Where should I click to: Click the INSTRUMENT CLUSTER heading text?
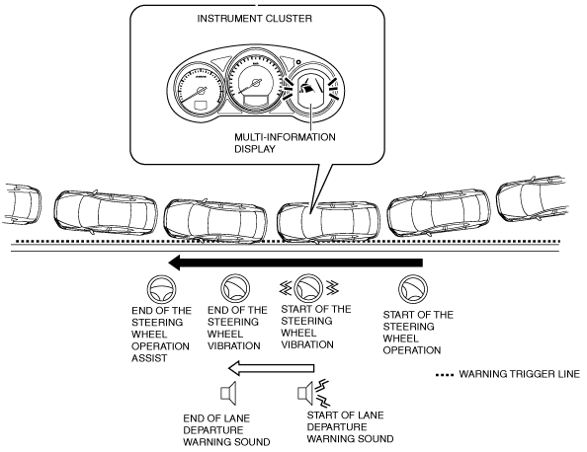[x=255, y=19]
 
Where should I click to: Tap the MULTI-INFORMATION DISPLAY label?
[x=285, y=143]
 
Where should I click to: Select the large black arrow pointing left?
[x=295, y=263]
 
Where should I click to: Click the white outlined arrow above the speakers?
[x=271, y=368]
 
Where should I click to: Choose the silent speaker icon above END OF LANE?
[x=228, y=394]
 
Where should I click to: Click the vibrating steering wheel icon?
[x=309, y=288]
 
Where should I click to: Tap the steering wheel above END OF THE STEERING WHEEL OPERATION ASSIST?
[x=161, y=289]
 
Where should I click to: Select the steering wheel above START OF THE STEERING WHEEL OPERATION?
[x=413, y=289]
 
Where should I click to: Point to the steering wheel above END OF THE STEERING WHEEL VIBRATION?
[x=235, y=288]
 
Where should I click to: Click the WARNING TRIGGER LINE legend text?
[x=519, y=374]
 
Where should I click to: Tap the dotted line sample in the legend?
[x=445, y=375]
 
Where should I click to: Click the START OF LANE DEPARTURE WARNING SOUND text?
[x=350, y=427]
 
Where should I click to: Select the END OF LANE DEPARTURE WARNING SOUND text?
[x=226, y=430]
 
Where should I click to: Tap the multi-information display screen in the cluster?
[x=310, y=90]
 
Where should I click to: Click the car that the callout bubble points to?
[x=328, y=223]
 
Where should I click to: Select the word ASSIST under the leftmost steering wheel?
[x=149, y=358]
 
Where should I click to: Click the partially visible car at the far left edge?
[x=22, y=205]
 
